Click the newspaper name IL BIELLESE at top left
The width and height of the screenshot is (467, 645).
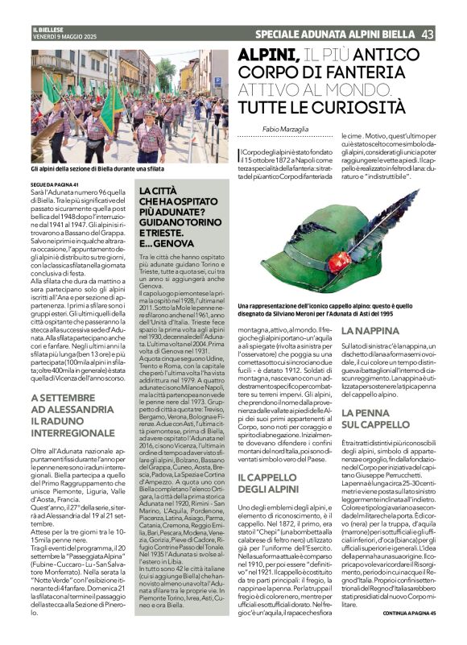[47, 29]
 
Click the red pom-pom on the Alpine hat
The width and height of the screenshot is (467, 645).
[340, 261]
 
